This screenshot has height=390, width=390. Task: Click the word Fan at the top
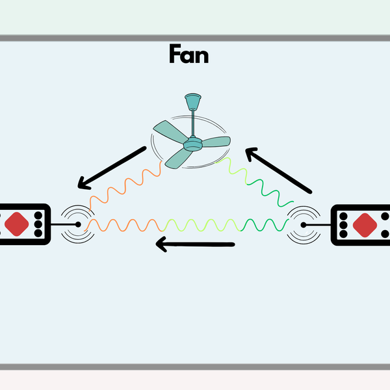click(188, 55)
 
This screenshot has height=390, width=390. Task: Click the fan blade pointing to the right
click(216, 140)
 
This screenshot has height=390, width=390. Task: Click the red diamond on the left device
click(17, 224)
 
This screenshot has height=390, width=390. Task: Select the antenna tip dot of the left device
click(79, 224)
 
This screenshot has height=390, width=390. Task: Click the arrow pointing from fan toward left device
click(111, 168)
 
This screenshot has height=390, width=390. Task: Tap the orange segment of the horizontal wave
click(123, 225)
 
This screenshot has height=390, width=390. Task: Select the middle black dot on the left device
click(38, 224)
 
